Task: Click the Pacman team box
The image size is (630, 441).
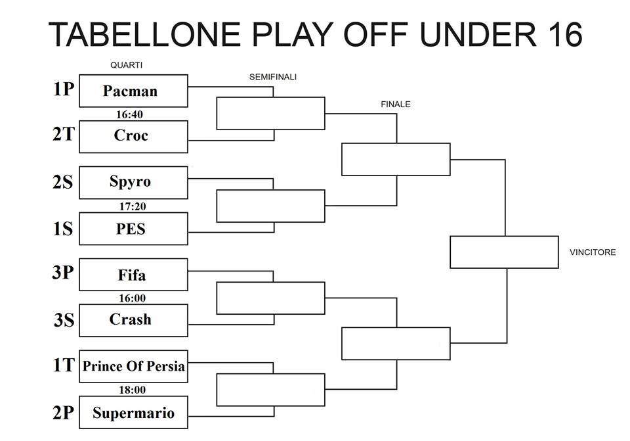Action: pyautogui.click(x=133, y=91)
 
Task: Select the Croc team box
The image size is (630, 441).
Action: pyautogui.click(x=133, y=137)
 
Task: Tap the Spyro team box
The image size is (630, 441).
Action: pyautogui.click(x=133, y=183)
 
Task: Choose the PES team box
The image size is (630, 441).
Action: pyautogui.click(x=133, y=229)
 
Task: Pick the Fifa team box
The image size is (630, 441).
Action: pyautogui.click(x=133, y=275)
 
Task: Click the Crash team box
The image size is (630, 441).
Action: pyautogui.click(x=133, y=320)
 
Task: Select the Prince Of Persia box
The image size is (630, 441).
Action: pyautogui.click(x=133, y=366)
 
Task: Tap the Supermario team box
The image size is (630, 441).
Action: pyautogui.click(x=133, y=413)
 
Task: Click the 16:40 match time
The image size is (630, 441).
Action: pyautogui.click(x=129, y=114)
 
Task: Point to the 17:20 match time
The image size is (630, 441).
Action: pyautogui.click(x=133, y=206)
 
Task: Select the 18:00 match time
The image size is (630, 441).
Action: pyautogui.click(x=132, y=390)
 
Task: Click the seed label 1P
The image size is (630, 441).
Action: pyautogui.click(x=64, y=89)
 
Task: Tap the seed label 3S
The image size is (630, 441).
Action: pyautogui.click(x=64, y=320)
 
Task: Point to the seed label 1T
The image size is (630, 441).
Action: pyautogui.click(x=64, y=365)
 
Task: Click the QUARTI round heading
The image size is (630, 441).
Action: pyautogui.click(x=126, y=65)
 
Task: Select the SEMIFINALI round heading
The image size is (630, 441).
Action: pyautogui.click(x=273, y=77)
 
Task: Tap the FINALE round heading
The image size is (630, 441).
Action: pyautogui.click(x=396, y=104)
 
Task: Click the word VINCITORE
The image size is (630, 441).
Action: pyautogui.click(x=593, y=252)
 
